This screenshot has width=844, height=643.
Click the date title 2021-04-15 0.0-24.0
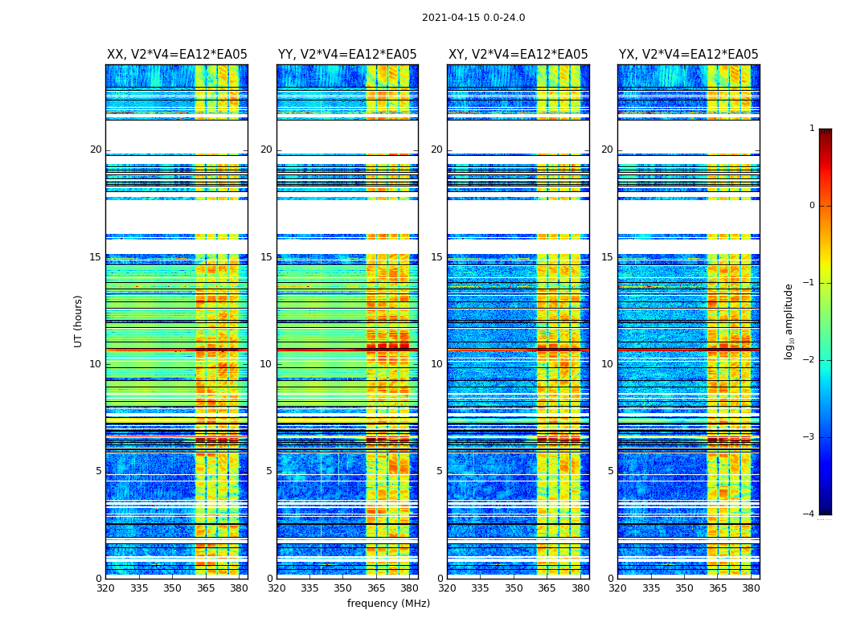click(473, 18)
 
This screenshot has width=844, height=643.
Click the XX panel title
click(177, 55)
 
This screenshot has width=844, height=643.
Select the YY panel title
click(347, 55)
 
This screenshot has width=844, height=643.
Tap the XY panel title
click(518, 55)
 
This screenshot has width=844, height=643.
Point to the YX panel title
click(689, 55)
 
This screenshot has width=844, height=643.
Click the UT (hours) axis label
click(79, 321)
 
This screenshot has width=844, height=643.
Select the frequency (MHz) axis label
click(388, 604)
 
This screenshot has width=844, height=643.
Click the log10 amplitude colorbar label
click(789, 321)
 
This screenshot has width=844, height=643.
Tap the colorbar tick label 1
click(812, 129)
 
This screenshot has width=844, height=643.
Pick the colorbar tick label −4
click(809, 514)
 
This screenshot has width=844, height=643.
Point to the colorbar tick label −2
click(809, 360)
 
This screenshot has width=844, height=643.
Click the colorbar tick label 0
click(812, 206)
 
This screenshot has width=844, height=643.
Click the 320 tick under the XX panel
click(105, 588)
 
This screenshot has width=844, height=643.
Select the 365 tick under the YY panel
click(376, 588)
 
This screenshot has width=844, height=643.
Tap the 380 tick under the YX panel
click(751, 588)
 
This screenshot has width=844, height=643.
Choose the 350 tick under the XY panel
click(514, 588)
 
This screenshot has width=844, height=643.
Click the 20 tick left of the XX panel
click(96, 149)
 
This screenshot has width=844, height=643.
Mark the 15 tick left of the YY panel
click(266, 257)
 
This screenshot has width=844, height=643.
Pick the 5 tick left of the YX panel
click(610, 471)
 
